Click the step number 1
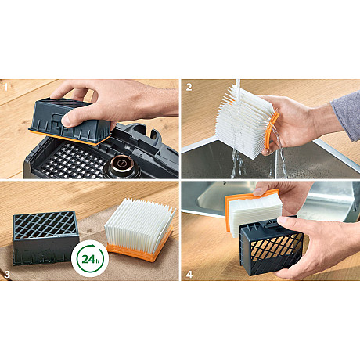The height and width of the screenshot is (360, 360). (5, 87)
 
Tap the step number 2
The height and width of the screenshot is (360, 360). (189, 87)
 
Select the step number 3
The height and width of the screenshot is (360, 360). (7, 274)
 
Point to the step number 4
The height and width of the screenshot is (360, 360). (189, 274)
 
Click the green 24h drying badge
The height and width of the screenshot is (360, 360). (89, 259)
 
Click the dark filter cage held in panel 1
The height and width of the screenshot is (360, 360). (70, 121)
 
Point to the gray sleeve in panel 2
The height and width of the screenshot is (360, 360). (346, 116)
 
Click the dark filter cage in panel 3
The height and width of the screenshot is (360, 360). (46, 237)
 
